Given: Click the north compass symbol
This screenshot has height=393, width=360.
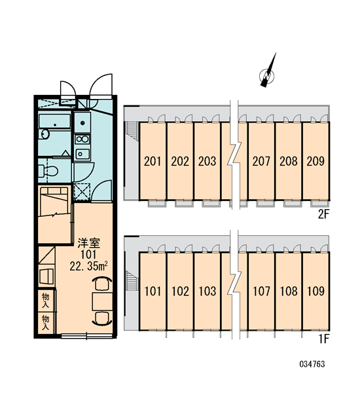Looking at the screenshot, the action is [268, 73].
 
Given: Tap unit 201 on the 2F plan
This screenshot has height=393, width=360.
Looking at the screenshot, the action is [153, 161].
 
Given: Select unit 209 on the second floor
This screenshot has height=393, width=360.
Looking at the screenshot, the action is [315, 161].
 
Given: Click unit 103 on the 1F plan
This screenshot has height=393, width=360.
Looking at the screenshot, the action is [207, 291].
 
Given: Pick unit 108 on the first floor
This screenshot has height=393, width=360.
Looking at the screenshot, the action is [289, 291].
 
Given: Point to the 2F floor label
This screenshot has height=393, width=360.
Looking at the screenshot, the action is [323, 214].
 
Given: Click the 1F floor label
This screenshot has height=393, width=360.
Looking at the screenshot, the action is [323, 339].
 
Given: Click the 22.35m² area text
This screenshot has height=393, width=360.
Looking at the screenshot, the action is [88, 267].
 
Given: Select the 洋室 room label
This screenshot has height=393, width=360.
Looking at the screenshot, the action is [88, 242].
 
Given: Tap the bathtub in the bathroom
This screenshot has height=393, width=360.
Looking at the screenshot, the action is [54, 121].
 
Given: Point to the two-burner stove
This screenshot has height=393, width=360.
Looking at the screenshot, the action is [82, 140].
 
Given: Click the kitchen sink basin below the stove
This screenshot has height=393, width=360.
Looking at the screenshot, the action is [82, 154].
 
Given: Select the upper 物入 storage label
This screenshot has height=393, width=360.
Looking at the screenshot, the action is [46, 301].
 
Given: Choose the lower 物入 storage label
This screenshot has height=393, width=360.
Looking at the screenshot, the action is [46, 323].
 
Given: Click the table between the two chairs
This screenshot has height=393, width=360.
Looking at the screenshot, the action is [102, 301].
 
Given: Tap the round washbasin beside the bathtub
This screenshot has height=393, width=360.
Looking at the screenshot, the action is [45, 134].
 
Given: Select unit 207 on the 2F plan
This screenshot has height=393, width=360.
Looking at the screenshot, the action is [261, 161].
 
